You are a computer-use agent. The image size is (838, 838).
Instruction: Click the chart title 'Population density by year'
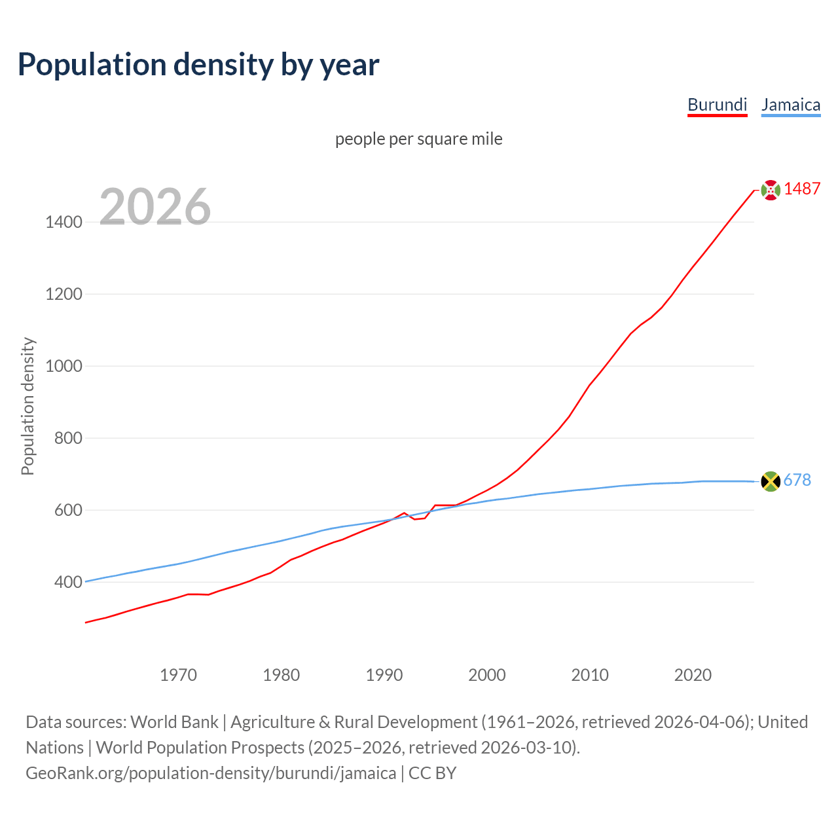[x=198, y=65]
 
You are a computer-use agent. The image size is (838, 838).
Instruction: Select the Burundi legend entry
[x=717, y=105]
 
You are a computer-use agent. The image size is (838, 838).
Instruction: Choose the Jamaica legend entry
[x=790, y=105]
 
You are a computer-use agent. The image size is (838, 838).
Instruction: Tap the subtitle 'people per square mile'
[x=418, y=139]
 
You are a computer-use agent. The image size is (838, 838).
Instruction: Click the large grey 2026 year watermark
[x=155, y=207]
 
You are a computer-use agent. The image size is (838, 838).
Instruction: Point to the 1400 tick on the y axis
[x=64, y=223]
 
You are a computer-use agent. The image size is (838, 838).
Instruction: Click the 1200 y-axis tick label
[x=64, y=295]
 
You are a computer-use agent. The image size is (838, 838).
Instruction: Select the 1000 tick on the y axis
[x=64, y=367]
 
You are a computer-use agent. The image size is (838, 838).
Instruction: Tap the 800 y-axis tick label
[x=67, y=439]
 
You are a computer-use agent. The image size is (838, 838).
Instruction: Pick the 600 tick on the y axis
[x=67, y=511]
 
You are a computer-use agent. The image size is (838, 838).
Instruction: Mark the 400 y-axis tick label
[x=67, y=583]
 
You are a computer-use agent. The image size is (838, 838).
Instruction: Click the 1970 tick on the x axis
[x=178, y=675]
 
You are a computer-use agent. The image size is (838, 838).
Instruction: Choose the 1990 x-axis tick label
[x=384, y=675]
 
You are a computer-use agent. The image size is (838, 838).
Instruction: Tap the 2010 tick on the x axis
[x=590, y=675]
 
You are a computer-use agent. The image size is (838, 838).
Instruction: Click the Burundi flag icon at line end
[x=771, y=190]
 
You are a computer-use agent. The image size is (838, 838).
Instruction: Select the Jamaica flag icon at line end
[x=771, y=481]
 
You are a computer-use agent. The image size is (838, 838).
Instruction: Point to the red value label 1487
[x=802, y=189]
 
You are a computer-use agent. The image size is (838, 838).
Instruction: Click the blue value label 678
[x=797, y=481]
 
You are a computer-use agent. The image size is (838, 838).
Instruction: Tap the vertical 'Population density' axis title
[x=27, y=406]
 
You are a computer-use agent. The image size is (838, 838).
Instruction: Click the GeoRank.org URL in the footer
[x=211, y=773]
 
